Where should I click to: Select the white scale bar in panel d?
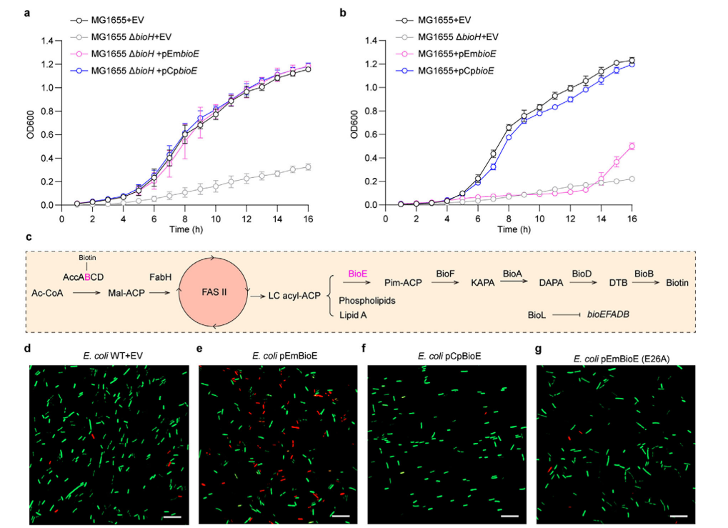tap(172, 516)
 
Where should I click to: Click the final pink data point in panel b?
tap(631, 146)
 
